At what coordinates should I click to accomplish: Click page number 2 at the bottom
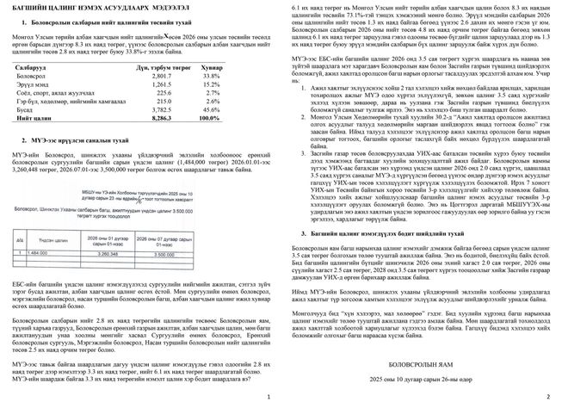pyautogui.click(x=547, y=395)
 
